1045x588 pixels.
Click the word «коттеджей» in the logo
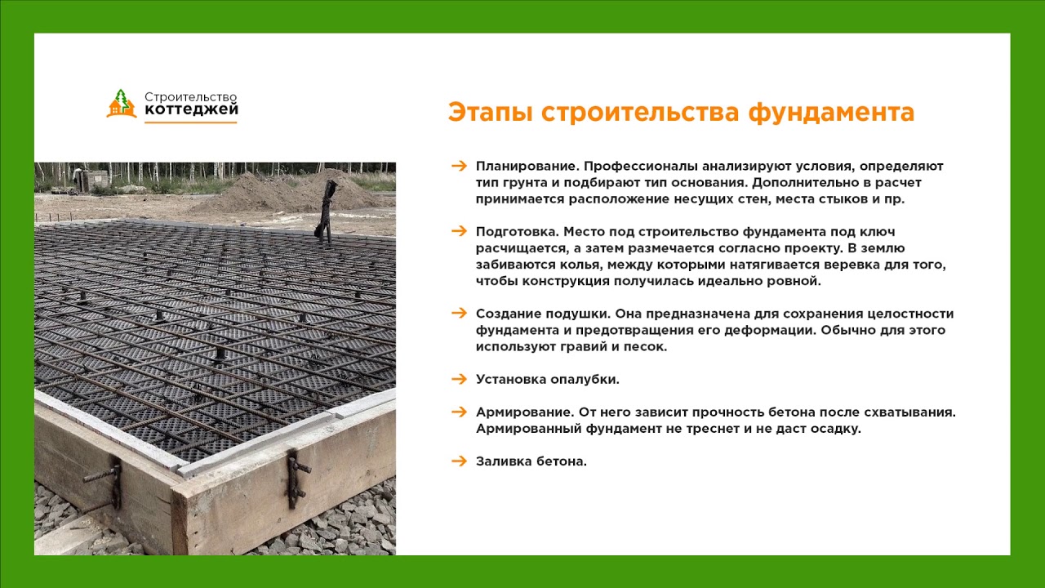pos(191,109)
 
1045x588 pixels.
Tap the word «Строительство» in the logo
pos(191,97)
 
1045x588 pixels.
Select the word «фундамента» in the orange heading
pos(831,113)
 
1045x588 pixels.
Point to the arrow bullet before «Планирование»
pos(460,166)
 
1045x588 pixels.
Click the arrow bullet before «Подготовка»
pos(460,231)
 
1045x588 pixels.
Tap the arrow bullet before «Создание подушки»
pos(460,313)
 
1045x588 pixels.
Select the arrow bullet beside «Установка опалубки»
pos(460,379)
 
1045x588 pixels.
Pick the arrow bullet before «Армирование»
pos(460,412)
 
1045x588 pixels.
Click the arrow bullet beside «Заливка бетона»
pos(460,461)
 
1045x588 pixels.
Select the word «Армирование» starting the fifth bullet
pos(525,412)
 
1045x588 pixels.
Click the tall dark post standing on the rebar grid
pos(326,212)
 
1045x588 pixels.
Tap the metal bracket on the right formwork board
pos(296,479)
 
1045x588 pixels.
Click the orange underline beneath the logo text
pos(191,122)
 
